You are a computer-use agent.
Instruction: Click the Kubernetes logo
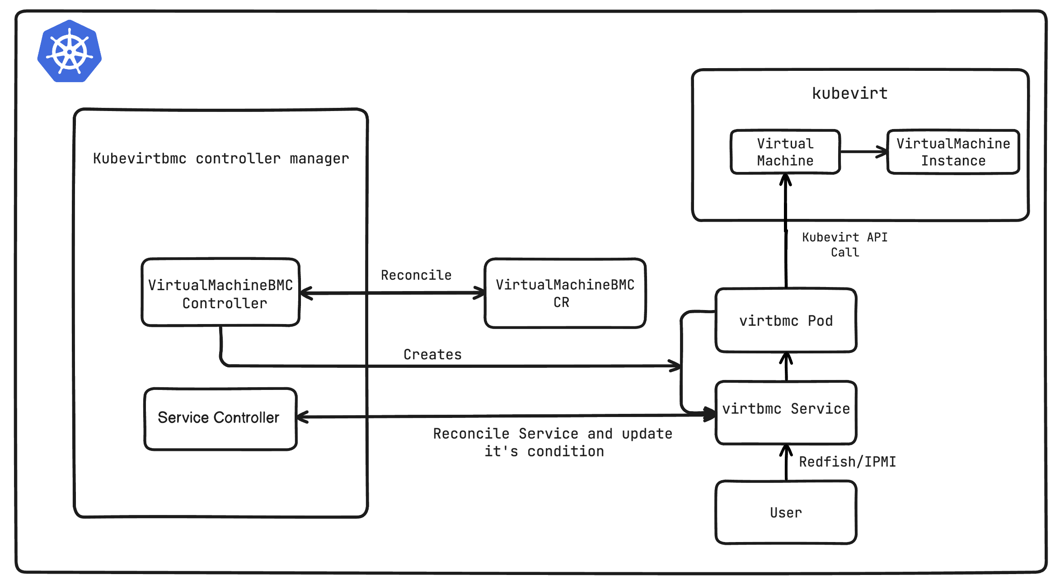[70, 51]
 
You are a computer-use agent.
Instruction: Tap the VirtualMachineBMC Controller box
[220, 292]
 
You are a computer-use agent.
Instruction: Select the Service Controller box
[220, 418]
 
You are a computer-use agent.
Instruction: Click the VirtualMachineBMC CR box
[565, 293]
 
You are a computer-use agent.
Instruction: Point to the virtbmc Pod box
[786, 320]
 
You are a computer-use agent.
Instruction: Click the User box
[786, 512]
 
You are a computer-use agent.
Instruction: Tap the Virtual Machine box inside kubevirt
[785, 152]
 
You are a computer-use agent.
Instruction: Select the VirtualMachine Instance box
[953, 152]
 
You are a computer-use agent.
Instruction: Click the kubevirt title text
[849, 93]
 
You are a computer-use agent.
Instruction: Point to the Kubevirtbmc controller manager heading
[221, 158]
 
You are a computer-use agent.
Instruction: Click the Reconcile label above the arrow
[416, 275]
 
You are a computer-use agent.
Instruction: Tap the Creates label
[432, 354]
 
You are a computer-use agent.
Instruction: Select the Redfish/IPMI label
[847, 462]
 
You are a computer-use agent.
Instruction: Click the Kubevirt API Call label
[844, 245]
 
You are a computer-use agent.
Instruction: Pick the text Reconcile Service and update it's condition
[552, 442]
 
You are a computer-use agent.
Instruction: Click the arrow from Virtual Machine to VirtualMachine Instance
[863, 152]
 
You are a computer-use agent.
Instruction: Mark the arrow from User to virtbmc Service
[786, 463]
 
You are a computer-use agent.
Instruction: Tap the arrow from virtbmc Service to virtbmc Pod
[786, 366]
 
